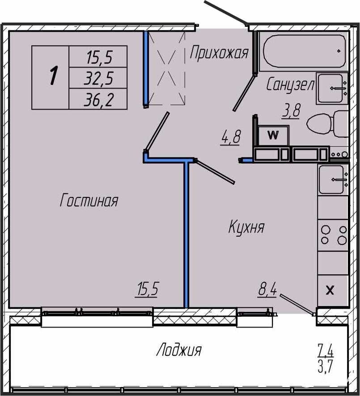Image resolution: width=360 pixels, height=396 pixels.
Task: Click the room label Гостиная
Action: [x=89, y=200]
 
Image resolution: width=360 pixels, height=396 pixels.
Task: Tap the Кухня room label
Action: [x=246, y=227]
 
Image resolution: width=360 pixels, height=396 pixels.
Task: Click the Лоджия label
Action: [x=179, y=350]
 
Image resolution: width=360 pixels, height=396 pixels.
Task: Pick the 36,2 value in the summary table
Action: [x=98, y=99]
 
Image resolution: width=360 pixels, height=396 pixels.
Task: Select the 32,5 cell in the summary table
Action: [x=98, y=78]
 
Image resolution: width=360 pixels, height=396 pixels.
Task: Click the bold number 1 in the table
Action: [x=53, y=75]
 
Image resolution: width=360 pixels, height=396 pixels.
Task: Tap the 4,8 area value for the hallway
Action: [x=230, y=136]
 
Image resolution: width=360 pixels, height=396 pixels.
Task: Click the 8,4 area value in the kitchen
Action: [x=267, y=290]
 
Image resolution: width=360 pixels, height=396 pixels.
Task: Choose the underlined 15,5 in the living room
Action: [x=148, y=290]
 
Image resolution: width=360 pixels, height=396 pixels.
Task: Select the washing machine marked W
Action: [x=273, y=136]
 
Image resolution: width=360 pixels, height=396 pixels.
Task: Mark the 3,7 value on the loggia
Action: [x=326, y=366]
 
